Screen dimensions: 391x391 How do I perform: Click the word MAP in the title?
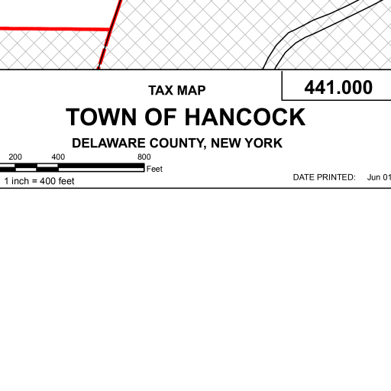(x=192, y=90)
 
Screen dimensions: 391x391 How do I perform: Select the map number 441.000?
(x=338, y=87)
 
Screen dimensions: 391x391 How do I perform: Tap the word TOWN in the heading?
(x=102, y=117)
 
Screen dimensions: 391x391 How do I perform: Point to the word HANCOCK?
(x=245, y=117)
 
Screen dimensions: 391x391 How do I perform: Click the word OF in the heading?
(x=160, y=117)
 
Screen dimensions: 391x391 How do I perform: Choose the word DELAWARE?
(x=108, y=143)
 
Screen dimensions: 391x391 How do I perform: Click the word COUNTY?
(x=178, y=144)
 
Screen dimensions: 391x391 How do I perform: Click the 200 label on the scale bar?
(x=15, y=157)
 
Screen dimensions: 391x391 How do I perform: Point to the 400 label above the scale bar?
(x=58, y=157)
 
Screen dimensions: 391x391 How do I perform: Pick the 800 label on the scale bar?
(x=144, y=157)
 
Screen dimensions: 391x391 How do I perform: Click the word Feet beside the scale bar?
(x=154, y=169)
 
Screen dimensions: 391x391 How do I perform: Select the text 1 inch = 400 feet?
(x=39, y=181)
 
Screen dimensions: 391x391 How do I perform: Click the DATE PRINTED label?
(x=325, y=177)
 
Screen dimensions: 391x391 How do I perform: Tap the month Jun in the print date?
(x=373, y=177)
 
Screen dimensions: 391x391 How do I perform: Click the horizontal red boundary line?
(x=55, y=29)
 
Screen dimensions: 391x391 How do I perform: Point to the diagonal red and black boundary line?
(x=110, y=34)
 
